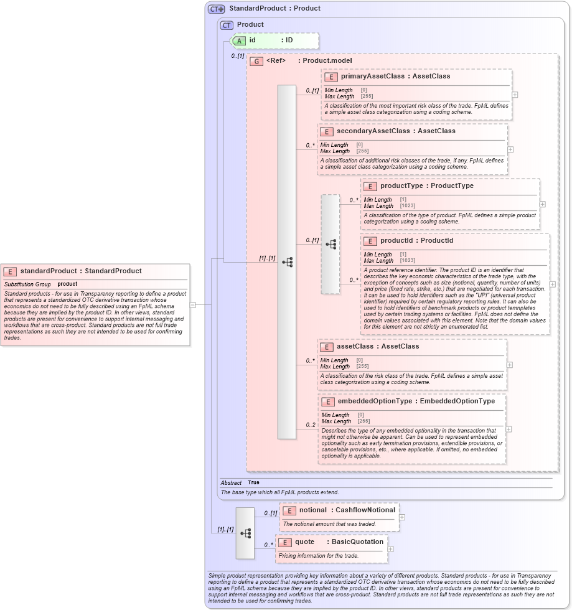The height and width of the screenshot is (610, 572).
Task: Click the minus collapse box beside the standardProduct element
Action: [193, 305]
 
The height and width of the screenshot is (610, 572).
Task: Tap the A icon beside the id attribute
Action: [239, 40]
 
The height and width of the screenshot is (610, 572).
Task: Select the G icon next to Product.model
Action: [256, 61]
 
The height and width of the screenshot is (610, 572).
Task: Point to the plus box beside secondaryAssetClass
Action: [510, 149]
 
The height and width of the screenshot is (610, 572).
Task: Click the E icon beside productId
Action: [370, 241]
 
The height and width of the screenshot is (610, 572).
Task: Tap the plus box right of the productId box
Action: [553, 284]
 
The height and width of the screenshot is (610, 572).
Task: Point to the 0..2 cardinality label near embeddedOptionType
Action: [310, 425]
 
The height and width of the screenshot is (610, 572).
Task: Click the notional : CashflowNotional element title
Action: [347, 510]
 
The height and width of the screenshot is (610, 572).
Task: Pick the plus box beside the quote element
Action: [390, 548]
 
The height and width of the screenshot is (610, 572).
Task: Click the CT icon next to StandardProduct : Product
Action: [216, 9]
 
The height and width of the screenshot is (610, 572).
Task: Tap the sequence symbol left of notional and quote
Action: [245, 533]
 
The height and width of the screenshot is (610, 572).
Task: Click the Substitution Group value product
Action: [67, 284]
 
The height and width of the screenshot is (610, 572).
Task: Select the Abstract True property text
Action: [253, 482]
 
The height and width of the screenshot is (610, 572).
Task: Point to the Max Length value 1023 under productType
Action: [407, 205]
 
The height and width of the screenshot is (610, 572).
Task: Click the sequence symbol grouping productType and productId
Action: [331, 244]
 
